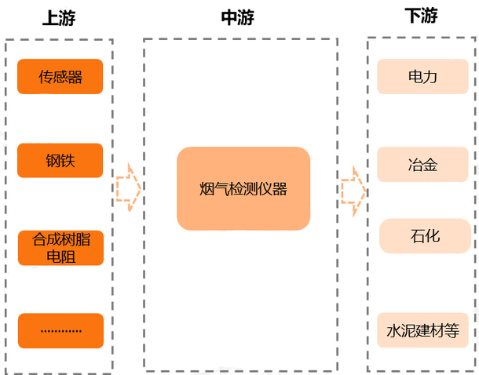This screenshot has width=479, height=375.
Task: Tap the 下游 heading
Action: point(422,16)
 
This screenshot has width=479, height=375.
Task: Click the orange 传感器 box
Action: point(60,77)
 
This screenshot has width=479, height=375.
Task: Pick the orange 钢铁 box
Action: point(60,161)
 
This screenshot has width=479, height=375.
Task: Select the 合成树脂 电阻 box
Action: point(60,247)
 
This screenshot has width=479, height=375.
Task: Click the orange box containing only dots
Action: point(60,330)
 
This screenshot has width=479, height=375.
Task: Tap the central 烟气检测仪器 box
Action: point(243,189)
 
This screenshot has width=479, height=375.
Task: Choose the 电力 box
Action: point(422,77)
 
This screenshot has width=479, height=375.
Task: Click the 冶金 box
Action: point(422,165)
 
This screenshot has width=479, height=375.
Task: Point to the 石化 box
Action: point(425,236)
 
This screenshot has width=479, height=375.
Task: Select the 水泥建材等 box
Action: point(422,330)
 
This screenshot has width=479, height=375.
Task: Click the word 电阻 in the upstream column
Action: point(61,256)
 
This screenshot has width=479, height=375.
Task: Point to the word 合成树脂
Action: point(61,239)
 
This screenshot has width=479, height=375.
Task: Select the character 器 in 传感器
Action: point(75,77)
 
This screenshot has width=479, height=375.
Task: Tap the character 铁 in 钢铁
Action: point(68,161)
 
